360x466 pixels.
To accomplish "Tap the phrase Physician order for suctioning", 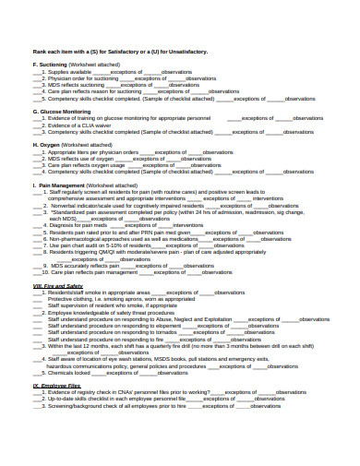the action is [82, 78].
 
